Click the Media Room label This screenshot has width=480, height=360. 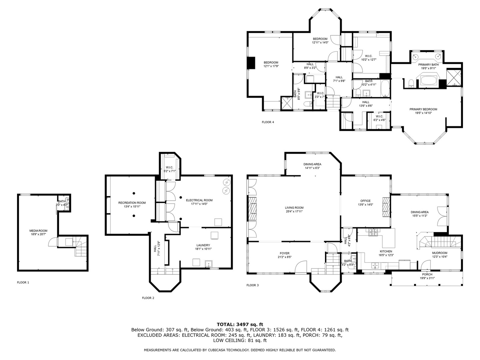click(38, 231)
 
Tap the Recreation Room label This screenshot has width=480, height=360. click(132, 203)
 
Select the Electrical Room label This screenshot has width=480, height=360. click(199, 200)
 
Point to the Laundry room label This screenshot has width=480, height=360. click(203, 245)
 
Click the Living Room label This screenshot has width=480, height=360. click(294, 208)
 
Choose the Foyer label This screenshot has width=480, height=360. click(284, 253)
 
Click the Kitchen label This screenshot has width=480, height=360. click(386, 251)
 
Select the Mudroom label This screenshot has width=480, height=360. click(440, 253)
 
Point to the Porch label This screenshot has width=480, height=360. click(427, 274)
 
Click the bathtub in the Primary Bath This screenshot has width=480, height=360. click(429, 81)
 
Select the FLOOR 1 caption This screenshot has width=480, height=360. click(23, 282)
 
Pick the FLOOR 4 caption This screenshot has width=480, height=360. click(268, 122)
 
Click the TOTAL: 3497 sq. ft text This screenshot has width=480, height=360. click(240, 324)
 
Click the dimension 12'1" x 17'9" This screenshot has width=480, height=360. click(271, 66)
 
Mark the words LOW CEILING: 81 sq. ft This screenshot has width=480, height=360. click(240, 340)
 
